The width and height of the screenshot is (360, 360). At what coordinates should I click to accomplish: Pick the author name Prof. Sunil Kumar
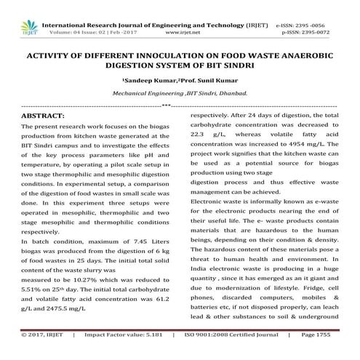[209, 79]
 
